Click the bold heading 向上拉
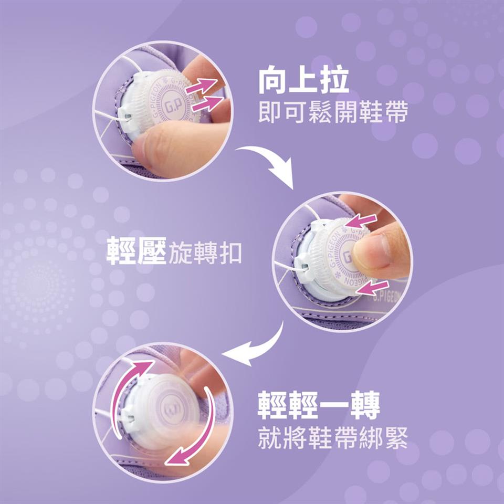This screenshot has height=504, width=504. click(x=303, y=82)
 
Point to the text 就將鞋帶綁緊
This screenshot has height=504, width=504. click(x=332, y=439)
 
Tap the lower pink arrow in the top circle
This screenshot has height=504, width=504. click(x=206, y=103)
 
